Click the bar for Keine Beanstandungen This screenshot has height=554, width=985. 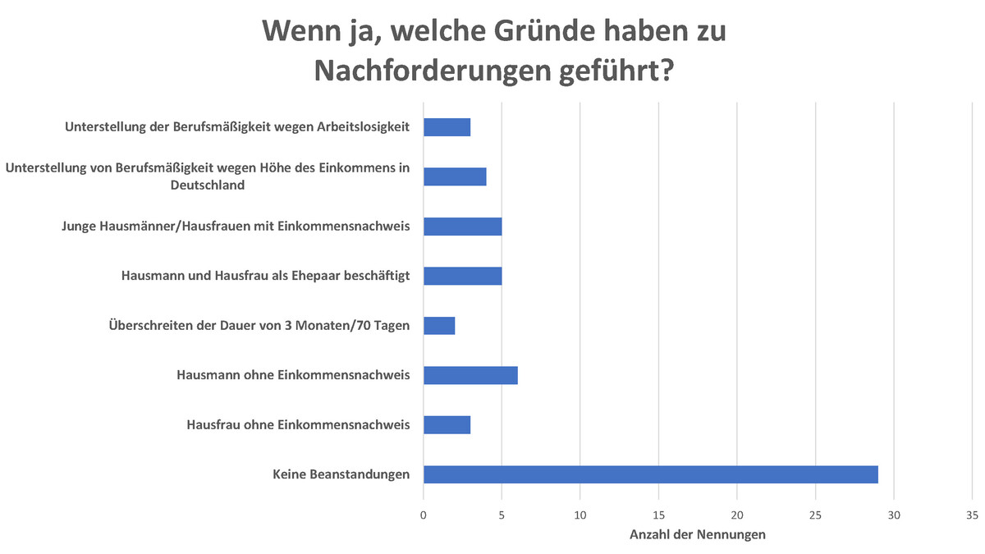coord(650,474)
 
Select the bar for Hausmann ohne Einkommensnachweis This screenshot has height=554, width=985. coord(470,375)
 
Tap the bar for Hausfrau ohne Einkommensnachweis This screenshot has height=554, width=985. coord(447,424)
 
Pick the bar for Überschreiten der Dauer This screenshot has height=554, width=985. coord(439,326)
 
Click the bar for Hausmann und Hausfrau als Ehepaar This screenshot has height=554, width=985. coord(462,276)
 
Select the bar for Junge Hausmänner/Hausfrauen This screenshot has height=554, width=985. coord(462,227)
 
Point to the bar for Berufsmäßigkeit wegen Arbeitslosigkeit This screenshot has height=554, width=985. coord(447,127)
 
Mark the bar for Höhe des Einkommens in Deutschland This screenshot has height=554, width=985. coord(455,177)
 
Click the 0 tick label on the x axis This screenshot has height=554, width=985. coord(424,515)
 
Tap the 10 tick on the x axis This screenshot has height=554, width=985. coord(580,515)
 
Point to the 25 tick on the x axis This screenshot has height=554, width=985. coord(816,515)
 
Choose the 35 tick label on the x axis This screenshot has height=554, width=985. coord(973,515)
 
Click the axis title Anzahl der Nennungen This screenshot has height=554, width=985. coord(698,535)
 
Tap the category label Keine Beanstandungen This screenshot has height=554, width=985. coord(341,474)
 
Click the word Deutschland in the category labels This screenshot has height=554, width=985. coord(208,185)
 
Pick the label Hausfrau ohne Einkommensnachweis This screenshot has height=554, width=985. coord(298,424)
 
